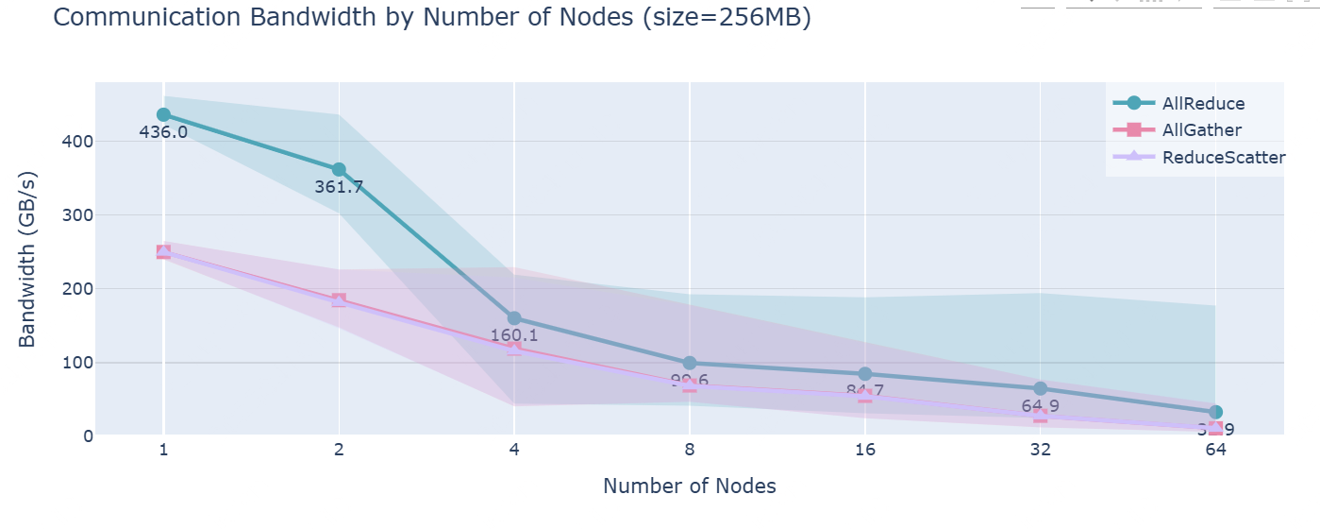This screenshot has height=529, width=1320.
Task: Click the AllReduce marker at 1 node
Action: [x=163, y=114]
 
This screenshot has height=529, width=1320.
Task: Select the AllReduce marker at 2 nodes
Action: [x=339, y=169]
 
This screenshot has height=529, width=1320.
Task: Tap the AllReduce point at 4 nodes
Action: [x=514, y=318]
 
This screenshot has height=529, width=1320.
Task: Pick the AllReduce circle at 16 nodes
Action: [x=865, y=374]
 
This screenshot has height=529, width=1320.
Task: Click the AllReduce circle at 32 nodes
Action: [x=1040, y=388]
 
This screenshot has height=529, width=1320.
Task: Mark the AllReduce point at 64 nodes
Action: [x=1215, y=412]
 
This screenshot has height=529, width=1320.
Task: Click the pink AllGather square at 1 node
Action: [x=163, y=252]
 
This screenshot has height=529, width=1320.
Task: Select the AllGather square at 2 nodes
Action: [x=339, y=300]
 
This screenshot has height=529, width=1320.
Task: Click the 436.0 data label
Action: [x=163, y=132]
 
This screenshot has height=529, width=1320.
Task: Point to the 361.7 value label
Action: [x=339, y=187]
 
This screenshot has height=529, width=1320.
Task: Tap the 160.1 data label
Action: [x=514, y=335]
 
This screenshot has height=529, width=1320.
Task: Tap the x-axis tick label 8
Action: [x=690, y=451]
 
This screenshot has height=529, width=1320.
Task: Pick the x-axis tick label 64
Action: [x=1215, y=451]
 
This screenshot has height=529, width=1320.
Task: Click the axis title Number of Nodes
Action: [x=690, y=486]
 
